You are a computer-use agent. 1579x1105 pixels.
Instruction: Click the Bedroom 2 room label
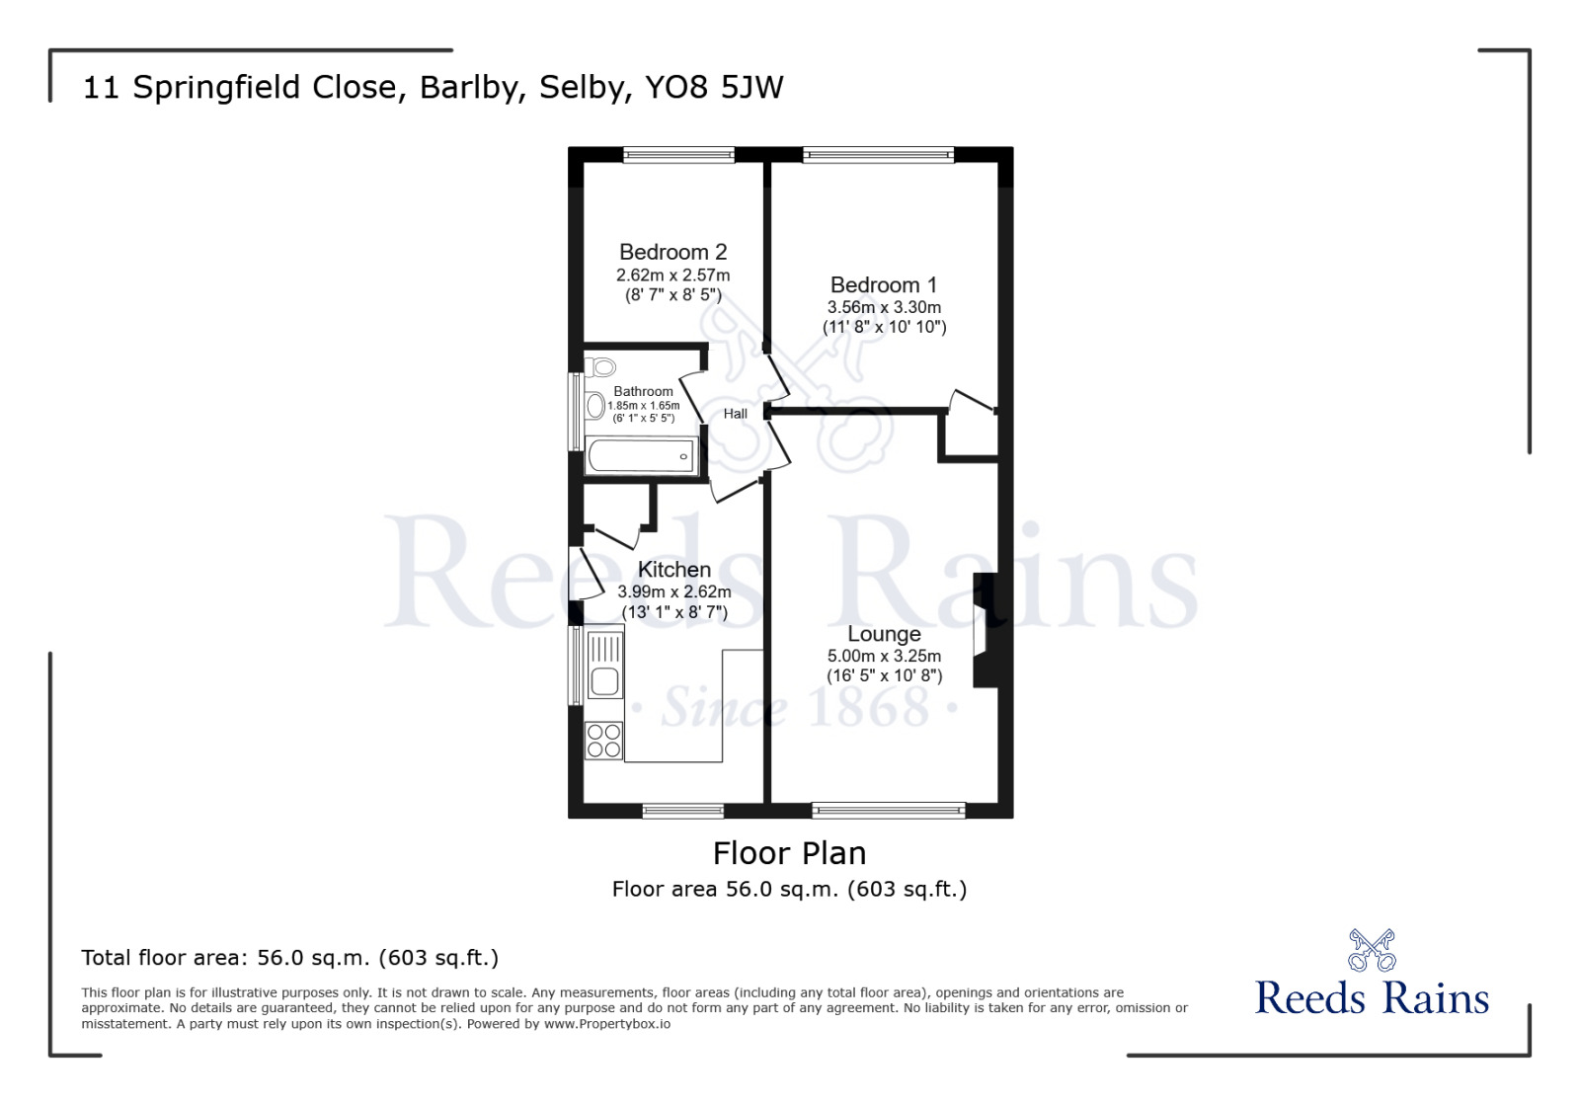pyautogui.click(x=672, y=252)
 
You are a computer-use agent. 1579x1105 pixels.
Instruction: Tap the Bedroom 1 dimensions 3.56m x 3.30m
pyautogui.click(x=884, y=307)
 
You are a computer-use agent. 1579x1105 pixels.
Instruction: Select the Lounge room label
pyautogui.click(x=884, y=634)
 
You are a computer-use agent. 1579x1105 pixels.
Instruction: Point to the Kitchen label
pyautogui.click(x=673, y=570)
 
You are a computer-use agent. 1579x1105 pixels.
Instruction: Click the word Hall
pyautogui.click(x=735, y=414)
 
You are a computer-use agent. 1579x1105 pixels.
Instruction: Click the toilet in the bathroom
pyautogui.click(x=600, y=367)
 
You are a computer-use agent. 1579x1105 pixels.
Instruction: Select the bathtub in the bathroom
pyautogui.click(x=640, y=456)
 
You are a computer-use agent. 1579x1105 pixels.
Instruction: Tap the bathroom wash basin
pyautogui.click(x=594, y=405)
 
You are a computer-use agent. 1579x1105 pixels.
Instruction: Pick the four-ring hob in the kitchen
pyautogui.click(x=604, y=741)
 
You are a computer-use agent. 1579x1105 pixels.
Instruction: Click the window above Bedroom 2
pyautogui.click(x=678, y=154)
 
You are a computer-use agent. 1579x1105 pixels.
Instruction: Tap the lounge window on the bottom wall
pyautogui.click(x=888, y=811)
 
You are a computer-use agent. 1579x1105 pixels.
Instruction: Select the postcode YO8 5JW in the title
pyautogui.click(x=714, y=87)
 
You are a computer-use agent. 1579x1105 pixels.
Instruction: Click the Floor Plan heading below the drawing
pyautogui.click(x=789, y=853)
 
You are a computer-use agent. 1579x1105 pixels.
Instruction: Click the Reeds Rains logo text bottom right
pyautogui.click(x=1371, y=998)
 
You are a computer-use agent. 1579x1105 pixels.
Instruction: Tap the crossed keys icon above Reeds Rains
pyautogui.click(x=1371, y=950)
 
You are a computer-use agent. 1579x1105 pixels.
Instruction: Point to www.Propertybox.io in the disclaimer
pyautogui.click(x=606, y=1024)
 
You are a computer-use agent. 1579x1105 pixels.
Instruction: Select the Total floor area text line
pyautogui.click(x=289, y=958)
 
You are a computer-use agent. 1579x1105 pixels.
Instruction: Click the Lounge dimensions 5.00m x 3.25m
pyautogui.click(x=884, y=656)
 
